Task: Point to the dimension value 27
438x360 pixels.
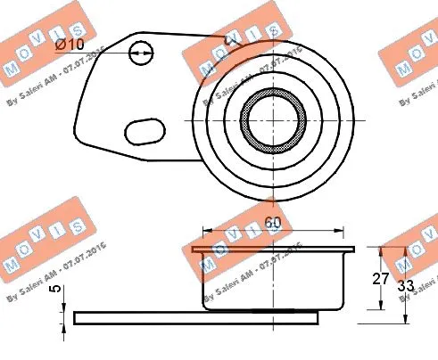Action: click(381, 278)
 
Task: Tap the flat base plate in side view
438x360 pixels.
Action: click(196, 317)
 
